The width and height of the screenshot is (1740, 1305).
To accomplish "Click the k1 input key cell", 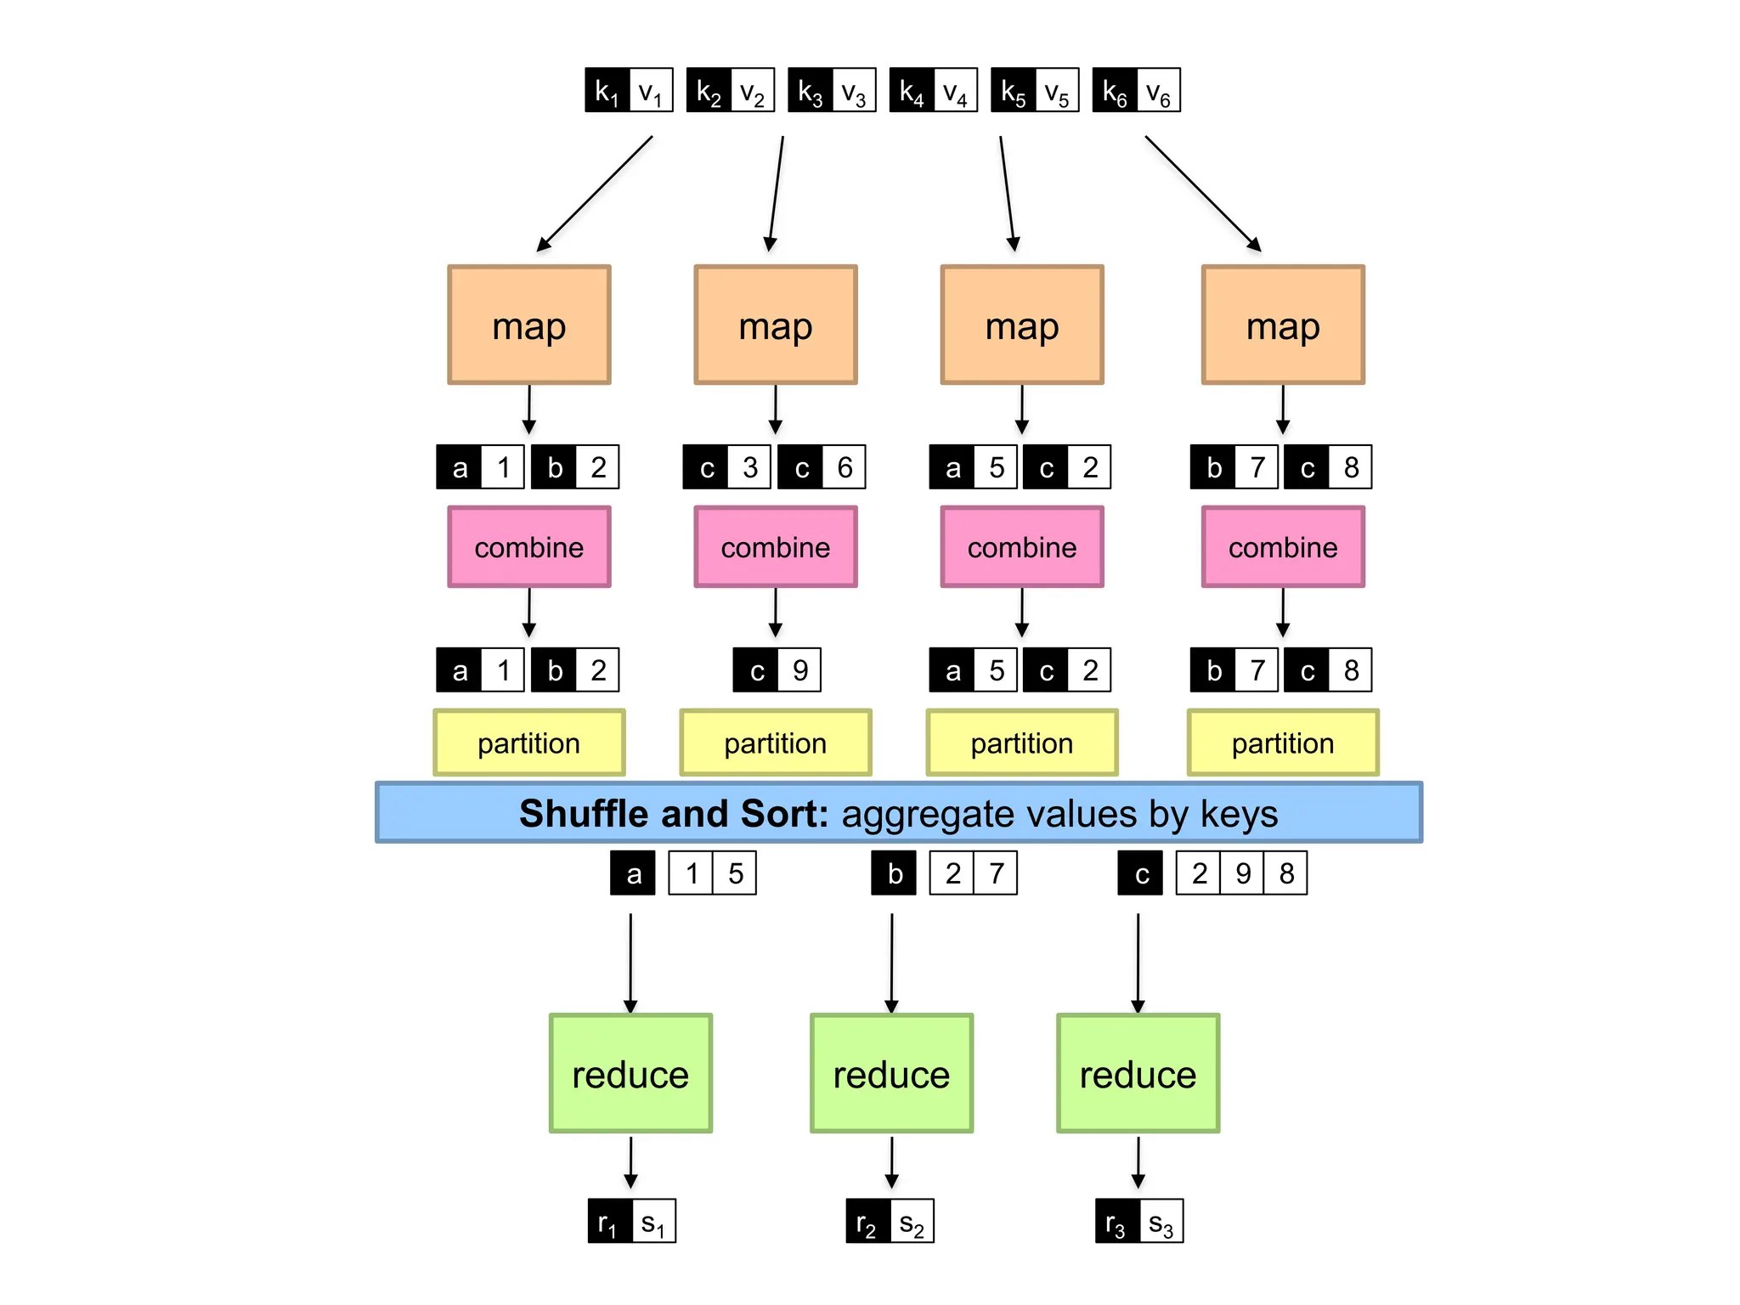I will (607, 90).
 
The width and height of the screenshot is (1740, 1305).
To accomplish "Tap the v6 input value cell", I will (1158, 90).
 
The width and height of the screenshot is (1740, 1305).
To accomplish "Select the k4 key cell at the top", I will (912, 90).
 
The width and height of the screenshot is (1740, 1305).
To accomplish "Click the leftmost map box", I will (528, 325).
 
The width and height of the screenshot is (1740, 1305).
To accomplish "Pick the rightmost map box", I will (1282, 325).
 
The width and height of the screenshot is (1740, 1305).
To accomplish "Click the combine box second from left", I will (775, 547).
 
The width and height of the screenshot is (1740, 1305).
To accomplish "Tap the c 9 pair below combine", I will (777, 670).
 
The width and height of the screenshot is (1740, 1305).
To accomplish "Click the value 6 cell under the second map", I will (844, 467).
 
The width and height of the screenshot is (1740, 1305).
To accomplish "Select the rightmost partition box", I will (1282, 743).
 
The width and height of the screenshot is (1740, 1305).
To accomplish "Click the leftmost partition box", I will (528, 743).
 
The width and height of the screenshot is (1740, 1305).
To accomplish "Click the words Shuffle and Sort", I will (673, 813).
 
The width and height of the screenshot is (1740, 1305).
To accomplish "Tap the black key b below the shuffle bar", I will (894, 873).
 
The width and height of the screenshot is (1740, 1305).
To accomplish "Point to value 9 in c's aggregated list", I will (1242, 873).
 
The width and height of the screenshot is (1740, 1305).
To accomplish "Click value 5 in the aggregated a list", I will (735, 873).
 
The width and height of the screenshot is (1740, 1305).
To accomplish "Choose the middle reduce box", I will (891, 1074).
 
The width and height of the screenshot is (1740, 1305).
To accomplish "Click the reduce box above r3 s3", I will (1138, 1074).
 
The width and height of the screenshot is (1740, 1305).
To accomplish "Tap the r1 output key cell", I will (609, 1222).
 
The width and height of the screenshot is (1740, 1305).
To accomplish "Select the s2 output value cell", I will (912, 1222).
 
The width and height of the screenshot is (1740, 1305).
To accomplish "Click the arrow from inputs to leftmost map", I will (595, 194).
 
